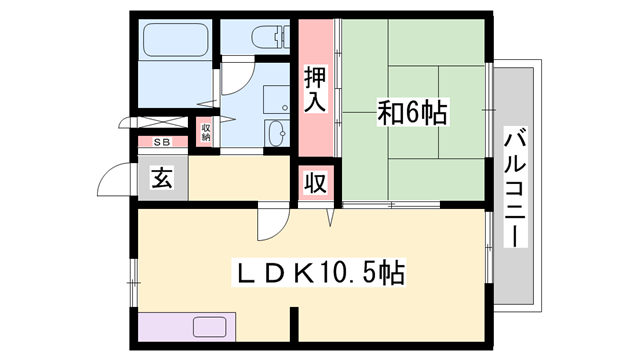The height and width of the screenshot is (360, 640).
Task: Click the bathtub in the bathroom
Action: (176, 42)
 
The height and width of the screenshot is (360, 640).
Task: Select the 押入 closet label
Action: (315, 88)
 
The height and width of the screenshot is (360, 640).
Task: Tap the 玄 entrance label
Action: (162, 179)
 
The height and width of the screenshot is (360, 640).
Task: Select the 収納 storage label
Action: (206, 131)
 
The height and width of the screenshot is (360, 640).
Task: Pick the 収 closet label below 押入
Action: (315, 183)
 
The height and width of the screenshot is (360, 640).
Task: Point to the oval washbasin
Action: (274, 134)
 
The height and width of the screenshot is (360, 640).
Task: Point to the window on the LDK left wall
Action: (133, 270)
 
